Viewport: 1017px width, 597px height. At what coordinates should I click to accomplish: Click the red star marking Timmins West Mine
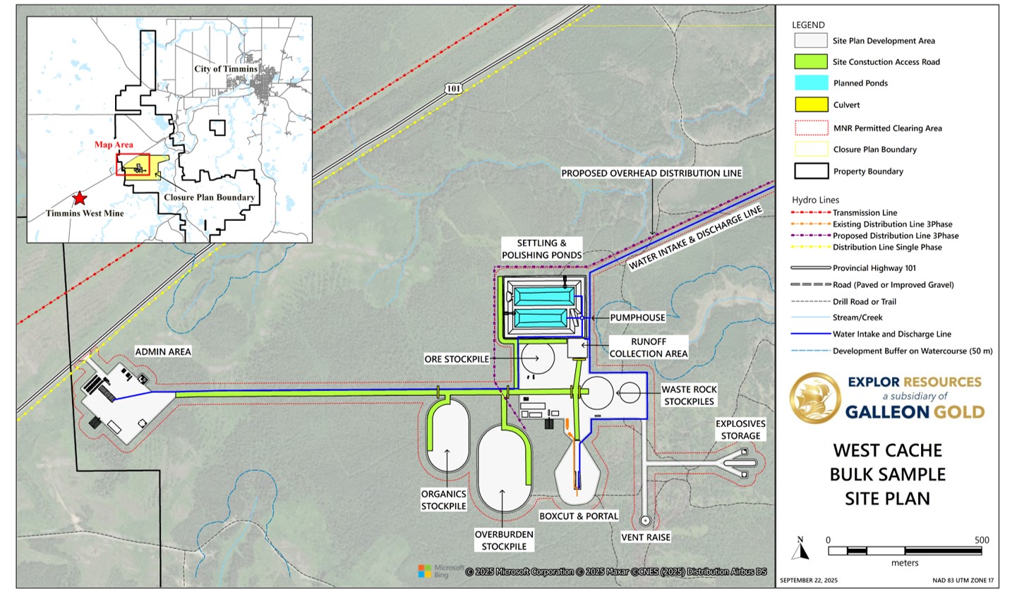80,198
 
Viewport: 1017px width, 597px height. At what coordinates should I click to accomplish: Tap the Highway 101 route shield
454,88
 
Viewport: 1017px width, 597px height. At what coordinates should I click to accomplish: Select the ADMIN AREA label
163,351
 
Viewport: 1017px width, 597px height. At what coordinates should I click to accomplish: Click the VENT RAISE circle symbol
645,520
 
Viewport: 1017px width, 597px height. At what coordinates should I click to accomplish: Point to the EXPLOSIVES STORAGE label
740,430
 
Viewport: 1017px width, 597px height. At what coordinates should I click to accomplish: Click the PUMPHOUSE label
637,318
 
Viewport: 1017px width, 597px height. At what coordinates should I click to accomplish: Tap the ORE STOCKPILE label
457,359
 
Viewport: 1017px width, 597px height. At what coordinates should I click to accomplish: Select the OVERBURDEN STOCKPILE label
504,541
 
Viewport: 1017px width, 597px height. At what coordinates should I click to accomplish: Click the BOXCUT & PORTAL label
579,516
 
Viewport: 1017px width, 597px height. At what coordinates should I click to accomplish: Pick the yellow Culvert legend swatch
812,104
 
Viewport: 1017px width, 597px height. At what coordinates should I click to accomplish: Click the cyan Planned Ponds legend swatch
812,83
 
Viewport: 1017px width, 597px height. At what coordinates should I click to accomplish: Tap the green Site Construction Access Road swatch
811,61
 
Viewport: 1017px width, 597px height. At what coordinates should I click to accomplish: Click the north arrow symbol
800,548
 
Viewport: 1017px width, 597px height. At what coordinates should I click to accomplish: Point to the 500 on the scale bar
982,540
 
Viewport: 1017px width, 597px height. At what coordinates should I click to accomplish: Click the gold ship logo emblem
815,398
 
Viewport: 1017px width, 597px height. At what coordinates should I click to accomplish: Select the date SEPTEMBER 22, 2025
809,580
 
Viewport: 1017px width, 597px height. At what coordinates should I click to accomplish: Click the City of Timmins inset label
226,69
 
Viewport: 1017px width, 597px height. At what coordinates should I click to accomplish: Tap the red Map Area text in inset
114,145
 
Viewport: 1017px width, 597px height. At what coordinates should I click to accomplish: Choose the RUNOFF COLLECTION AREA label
649,347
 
